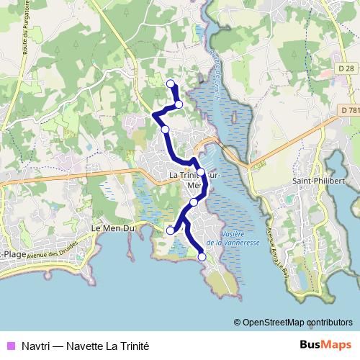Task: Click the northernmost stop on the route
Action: click(x=171, y=84)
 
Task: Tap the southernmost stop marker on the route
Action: click(x=202, y=256)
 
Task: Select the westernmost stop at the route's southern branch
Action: click(x=171, y=230)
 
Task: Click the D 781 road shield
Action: click(x=349, y=109)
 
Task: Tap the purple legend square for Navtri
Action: click(x=9, y=346)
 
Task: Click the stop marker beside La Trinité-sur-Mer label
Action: click(x=201, y=173)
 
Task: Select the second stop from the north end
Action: click(x=179, y=105)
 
